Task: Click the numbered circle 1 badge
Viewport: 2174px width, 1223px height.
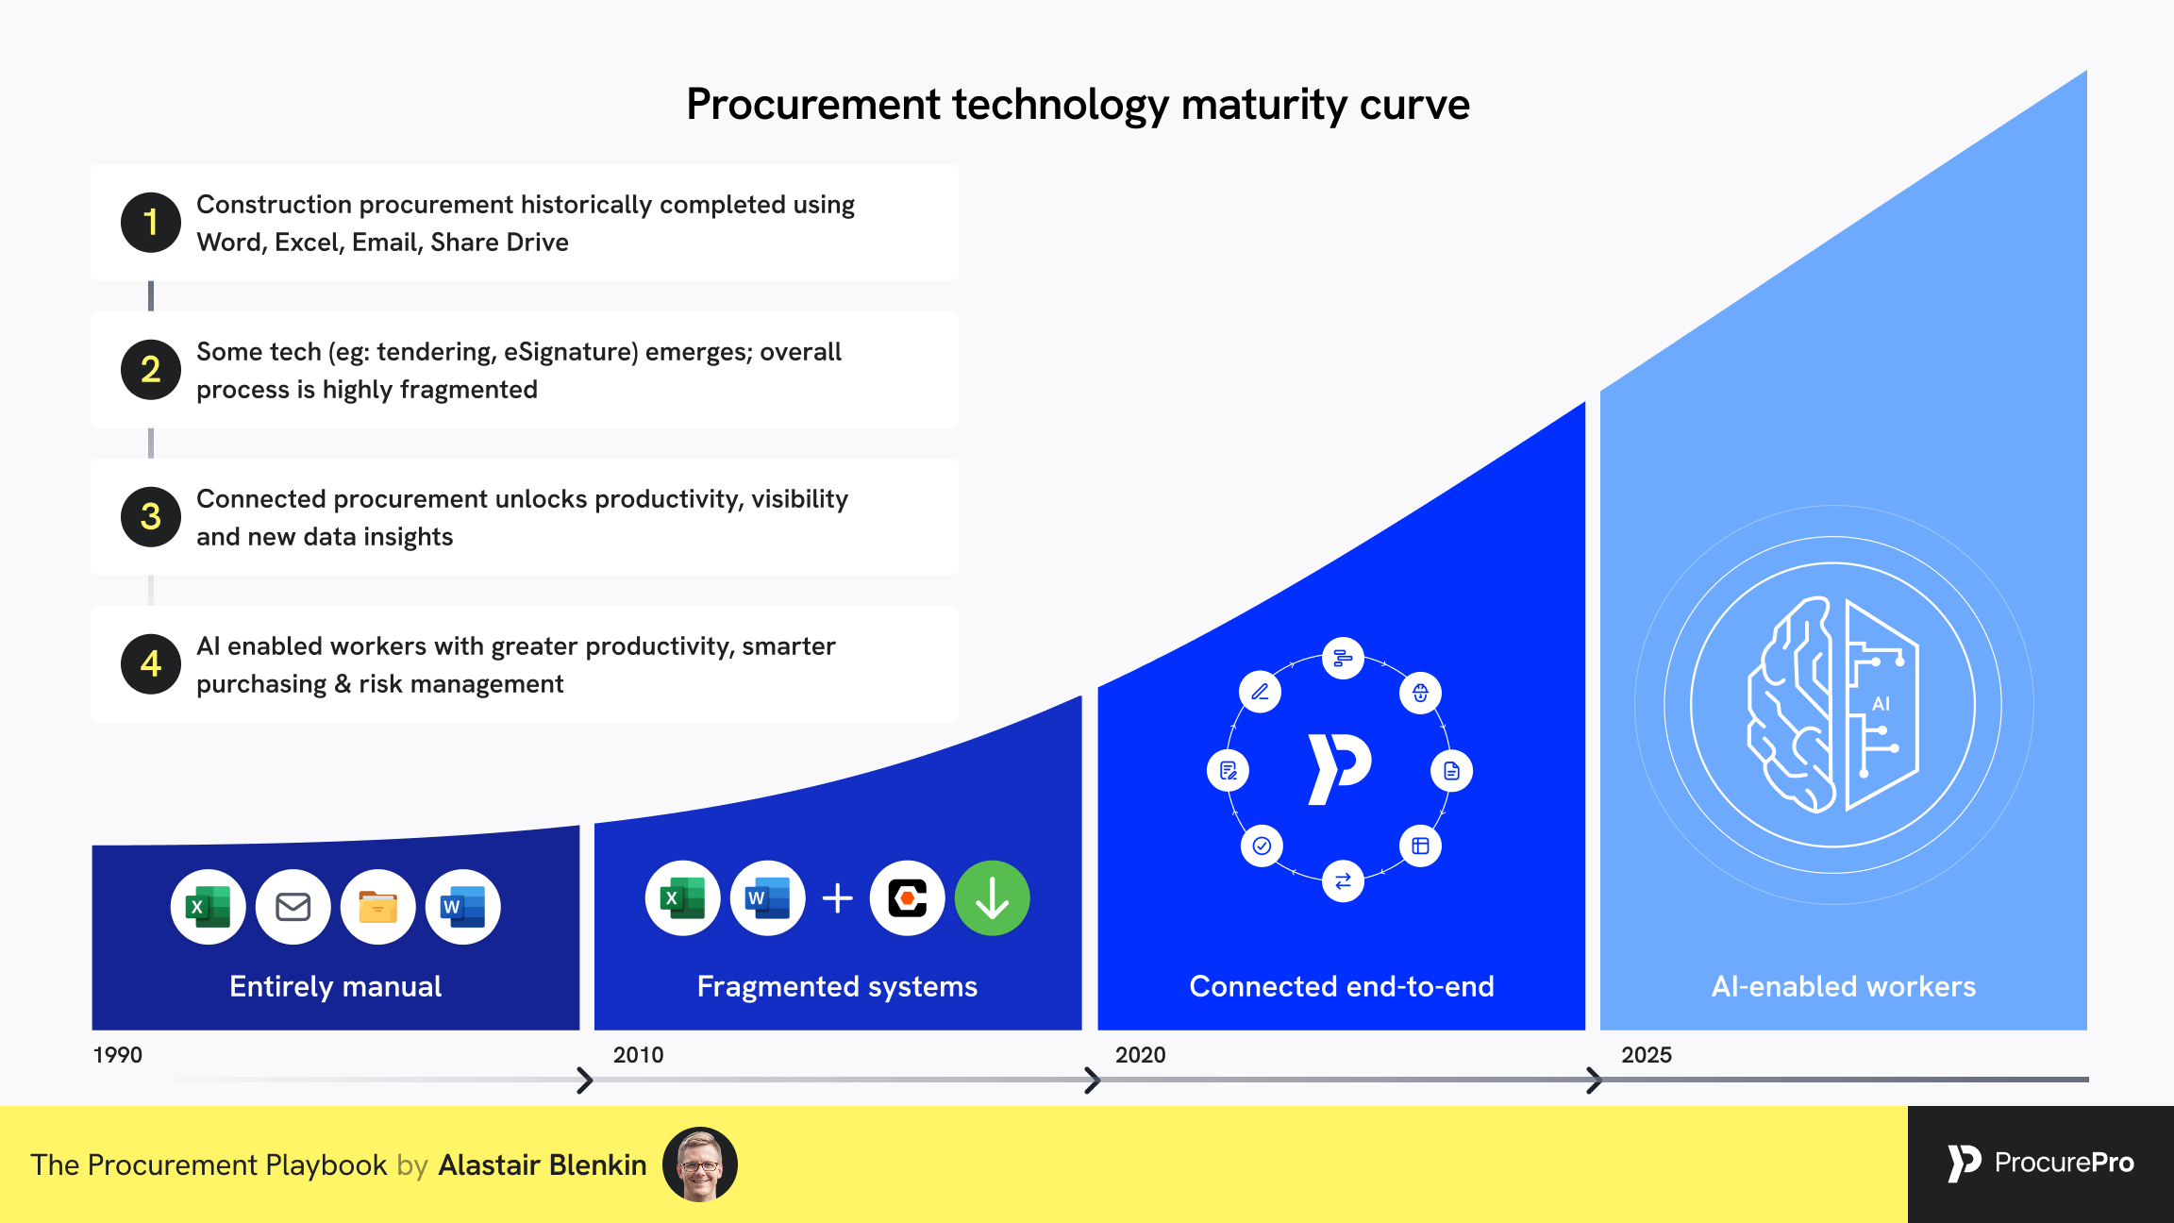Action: point(151,223)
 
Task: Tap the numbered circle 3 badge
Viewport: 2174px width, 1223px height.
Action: point(151,517)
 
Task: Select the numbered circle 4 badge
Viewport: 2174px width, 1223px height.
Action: point(151,664)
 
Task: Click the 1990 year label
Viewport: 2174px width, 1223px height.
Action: point(118,1055)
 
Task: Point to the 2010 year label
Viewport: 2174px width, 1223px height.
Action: point(639,1055)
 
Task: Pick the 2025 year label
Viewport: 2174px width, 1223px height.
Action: point(1647,1055)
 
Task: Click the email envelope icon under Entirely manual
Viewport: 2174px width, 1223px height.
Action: point(293,907)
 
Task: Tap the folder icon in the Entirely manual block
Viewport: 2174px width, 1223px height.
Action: point(378,907)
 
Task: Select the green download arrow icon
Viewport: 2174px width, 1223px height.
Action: point(993,898)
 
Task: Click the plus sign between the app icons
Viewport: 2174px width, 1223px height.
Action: point(838,898)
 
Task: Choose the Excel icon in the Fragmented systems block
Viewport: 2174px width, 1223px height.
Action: point(683,898)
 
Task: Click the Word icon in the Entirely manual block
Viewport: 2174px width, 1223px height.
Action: point(463,907)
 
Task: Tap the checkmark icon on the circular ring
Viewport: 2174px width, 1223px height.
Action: point(1262,846)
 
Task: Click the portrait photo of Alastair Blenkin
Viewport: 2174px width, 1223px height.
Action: point(700,1164)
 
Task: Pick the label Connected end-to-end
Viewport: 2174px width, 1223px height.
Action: point(1342,986)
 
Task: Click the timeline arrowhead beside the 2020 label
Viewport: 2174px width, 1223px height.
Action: point(1092,1080)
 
